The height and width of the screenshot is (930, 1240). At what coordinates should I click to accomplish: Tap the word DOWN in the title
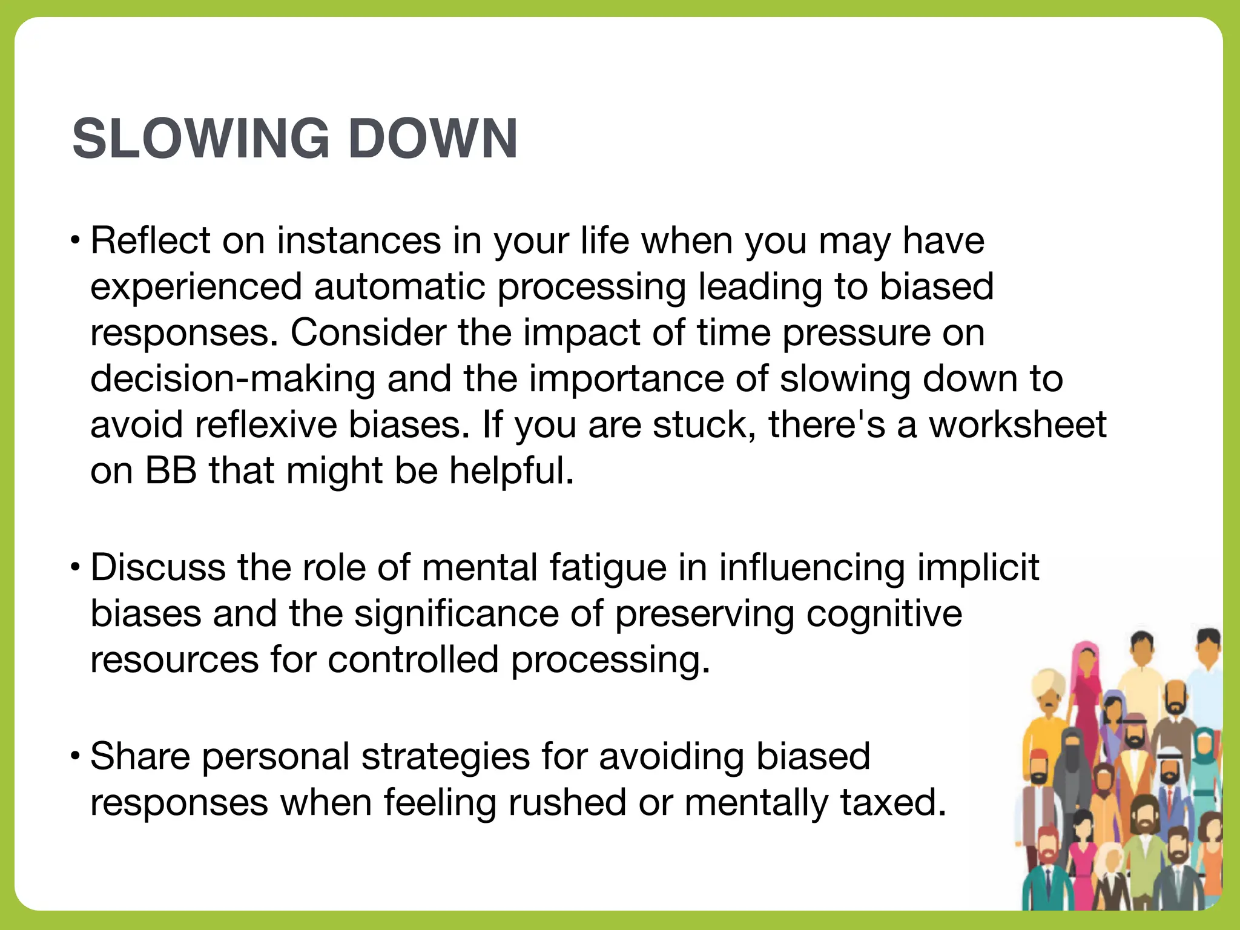pos(433,139)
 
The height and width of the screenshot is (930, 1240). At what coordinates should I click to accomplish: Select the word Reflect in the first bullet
pos(150,240)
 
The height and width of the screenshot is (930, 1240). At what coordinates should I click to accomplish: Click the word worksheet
pos(1018,424)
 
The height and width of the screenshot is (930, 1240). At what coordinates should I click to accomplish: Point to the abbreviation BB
pos(171,470)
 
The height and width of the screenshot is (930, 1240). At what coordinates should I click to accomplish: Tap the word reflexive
pos(266,424)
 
